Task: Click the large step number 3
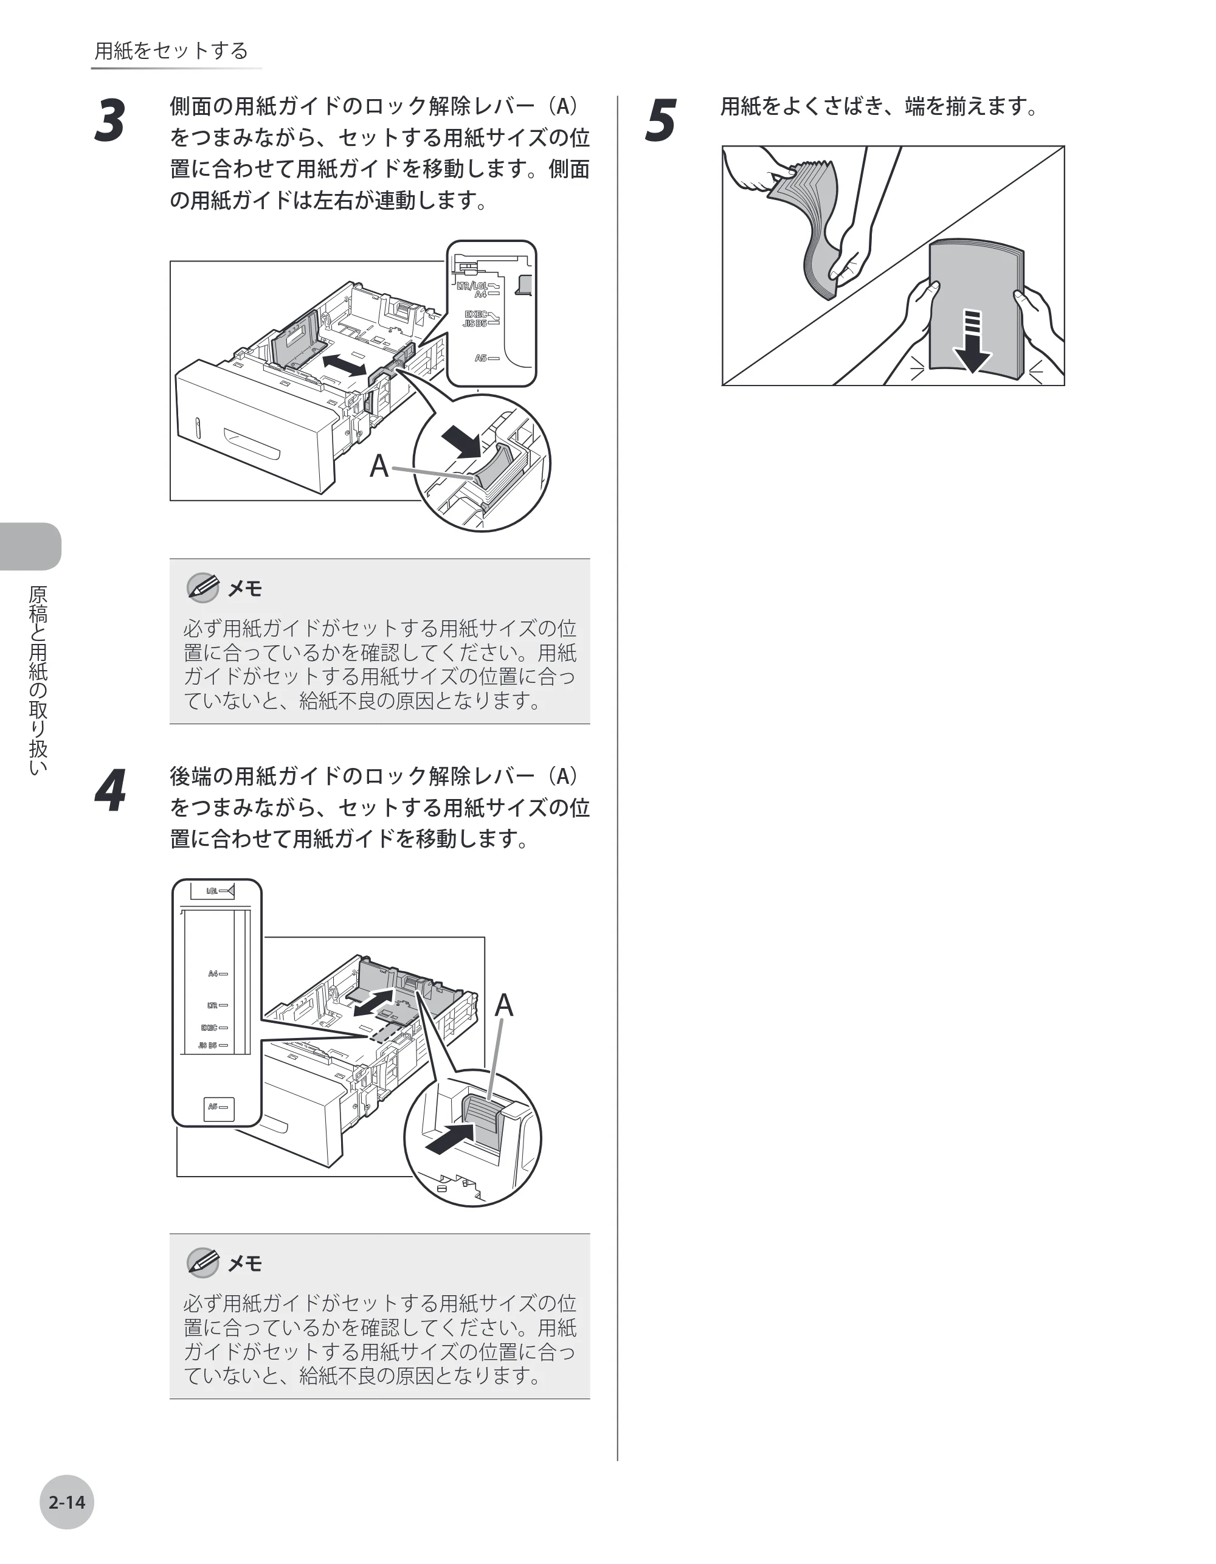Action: click(x=110, y=120)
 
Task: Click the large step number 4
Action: click(x=110, y=791)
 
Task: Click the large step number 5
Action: click(x=660, y=120)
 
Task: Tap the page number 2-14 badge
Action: click(x=67, y=1503)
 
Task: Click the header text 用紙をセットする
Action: click(x=171, y=50)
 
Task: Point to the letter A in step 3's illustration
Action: click(x=379, y=466)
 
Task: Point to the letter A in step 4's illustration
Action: click(x=504, y=1005)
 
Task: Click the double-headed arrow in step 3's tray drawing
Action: click(x=345, y=364)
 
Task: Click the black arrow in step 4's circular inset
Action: click(x=451, y=1138)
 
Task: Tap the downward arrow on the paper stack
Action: click(x=972, y=342)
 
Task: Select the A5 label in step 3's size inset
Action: click(x=486, y=358)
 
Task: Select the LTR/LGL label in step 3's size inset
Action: click(x=478, y=286)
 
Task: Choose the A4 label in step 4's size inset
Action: click(x=218, y=974)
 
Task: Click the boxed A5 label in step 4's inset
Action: click(x=218, y=1107)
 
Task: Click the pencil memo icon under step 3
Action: click(x=202, y=587)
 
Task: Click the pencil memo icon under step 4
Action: click(x=202, y=1262)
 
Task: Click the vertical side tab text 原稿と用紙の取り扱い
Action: click(x=37, y=680)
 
